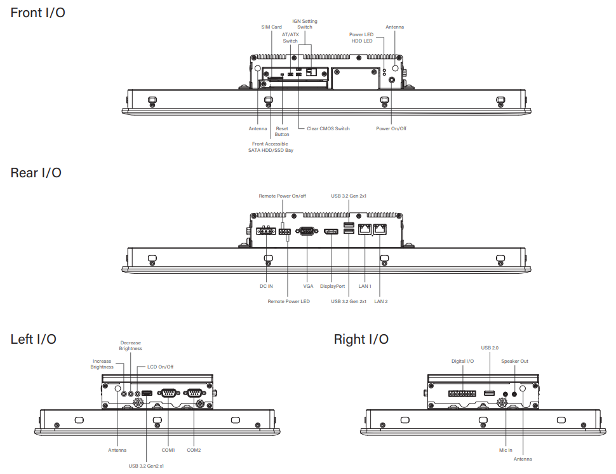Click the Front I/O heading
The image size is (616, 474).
(37, 13)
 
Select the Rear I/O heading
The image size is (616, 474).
(36, 173)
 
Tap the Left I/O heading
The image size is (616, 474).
(34, 339)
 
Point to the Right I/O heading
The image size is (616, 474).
(361, 339)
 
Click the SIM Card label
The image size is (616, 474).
(271, 27)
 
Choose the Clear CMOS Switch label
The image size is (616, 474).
(328, 128)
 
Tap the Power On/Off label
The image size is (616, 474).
(391, 128)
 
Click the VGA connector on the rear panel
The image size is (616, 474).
(307, 231)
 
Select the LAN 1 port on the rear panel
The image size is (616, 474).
(365, 229)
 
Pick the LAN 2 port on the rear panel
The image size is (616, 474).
(380, 229)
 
